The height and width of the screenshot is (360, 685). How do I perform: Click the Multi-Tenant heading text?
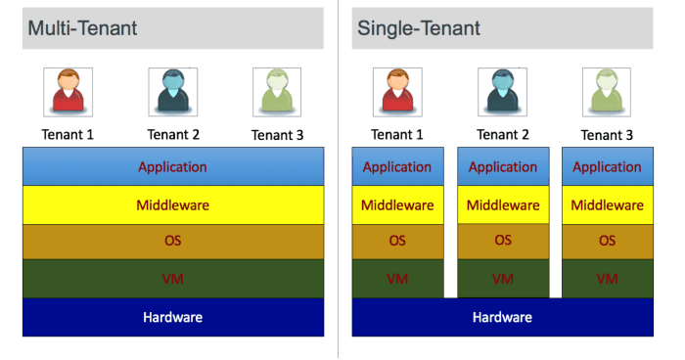82,28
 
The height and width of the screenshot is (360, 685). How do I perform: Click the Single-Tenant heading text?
416,28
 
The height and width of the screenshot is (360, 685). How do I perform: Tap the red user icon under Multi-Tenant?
68,92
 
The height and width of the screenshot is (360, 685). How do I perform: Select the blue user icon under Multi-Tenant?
173,92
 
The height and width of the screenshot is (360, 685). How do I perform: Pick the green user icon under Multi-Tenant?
277,92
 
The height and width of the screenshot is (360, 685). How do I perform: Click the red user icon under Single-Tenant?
397,92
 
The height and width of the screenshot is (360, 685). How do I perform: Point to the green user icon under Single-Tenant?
607,92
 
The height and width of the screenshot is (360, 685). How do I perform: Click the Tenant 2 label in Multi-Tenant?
173,134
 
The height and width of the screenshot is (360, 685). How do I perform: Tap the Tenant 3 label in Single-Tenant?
607,135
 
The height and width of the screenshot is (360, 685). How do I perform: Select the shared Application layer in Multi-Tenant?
173,166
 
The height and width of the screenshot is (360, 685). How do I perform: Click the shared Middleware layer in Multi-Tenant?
173,205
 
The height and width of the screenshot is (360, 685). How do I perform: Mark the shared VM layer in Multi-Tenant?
173,279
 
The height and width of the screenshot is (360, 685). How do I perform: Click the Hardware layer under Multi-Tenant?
173,317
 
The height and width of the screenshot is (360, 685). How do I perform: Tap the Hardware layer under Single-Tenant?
502,317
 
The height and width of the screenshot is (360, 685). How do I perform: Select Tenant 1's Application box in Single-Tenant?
397,166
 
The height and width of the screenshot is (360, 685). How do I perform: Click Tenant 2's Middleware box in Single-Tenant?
502,205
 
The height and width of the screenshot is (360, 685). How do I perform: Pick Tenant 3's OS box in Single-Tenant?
607,241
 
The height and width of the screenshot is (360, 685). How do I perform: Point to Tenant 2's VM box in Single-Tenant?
502,279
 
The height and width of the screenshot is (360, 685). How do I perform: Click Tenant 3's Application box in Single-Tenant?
607,166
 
